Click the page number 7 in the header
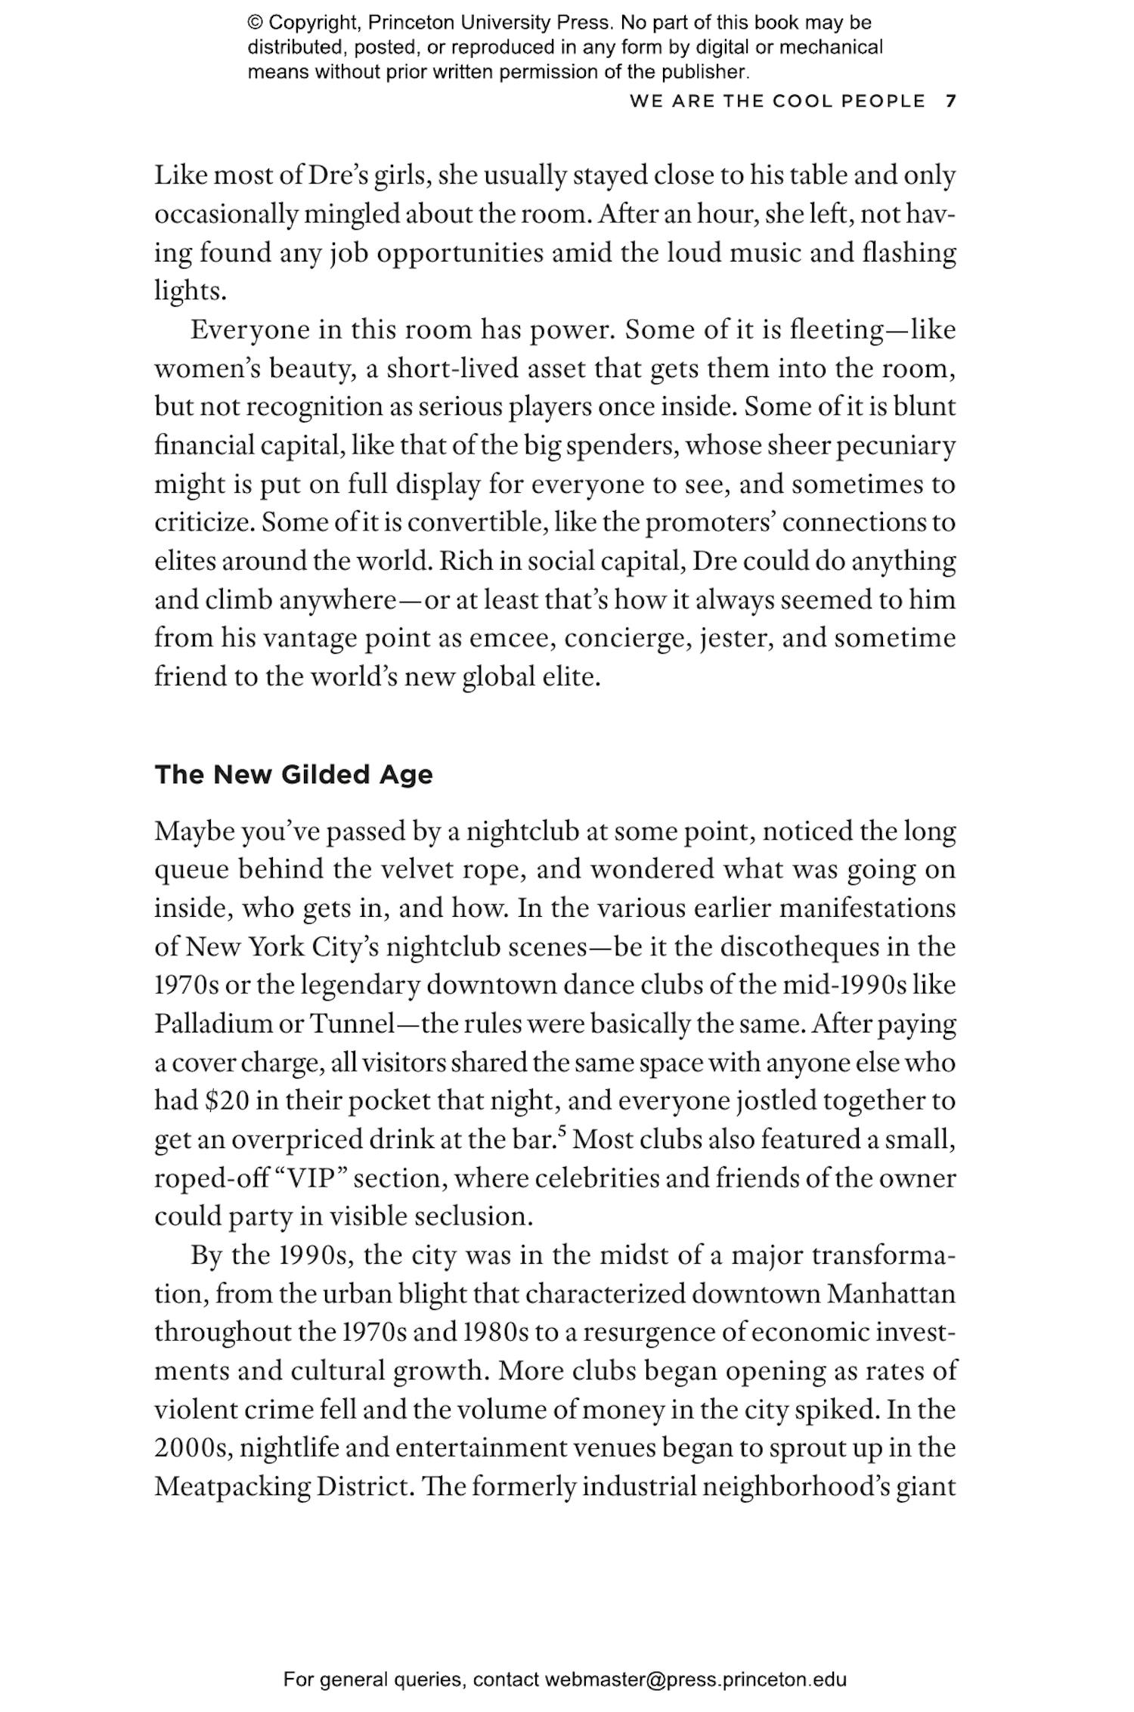[x=951, y=101]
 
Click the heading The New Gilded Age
[x=293, y=775]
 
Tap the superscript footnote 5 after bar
[x=562, y=1132]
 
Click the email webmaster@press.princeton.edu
[x=695, y=1679]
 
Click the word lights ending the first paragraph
[x=190, y=291]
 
